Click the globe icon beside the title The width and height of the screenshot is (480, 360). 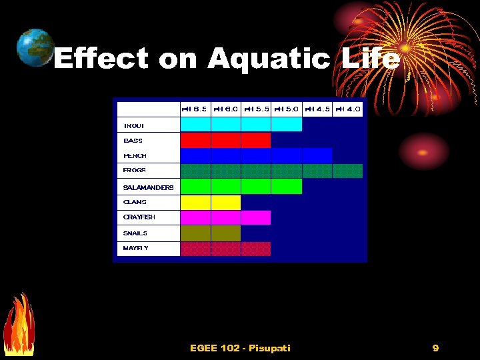35,48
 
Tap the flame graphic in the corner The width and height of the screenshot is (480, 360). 18,327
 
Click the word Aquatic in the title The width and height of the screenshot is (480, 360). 269,59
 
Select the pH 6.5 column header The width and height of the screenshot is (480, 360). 195,109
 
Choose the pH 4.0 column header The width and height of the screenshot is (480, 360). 347,109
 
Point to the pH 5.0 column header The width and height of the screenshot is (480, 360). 287,109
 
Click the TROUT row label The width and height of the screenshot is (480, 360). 134,125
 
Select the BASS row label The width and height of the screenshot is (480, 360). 133,141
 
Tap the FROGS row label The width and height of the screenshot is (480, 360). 135,171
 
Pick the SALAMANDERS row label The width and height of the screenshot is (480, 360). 148,187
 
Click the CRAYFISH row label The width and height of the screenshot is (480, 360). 139,217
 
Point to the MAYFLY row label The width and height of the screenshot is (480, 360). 136,248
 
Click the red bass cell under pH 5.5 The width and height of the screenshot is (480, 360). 256,140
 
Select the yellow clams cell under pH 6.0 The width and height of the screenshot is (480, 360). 226,202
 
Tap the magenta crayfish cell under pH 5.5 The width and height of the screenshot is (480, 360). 256,217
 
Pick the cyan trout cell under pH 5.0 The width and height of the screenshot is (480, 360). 287,125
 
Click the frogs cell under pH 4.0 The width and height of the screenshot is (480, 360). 347,171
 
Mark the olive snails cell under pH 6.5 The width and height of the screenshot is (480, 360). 195,233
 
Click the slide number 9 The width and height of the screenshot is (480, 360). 435,348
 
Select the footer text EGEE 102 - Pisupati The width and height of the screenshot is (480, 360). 240,348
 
